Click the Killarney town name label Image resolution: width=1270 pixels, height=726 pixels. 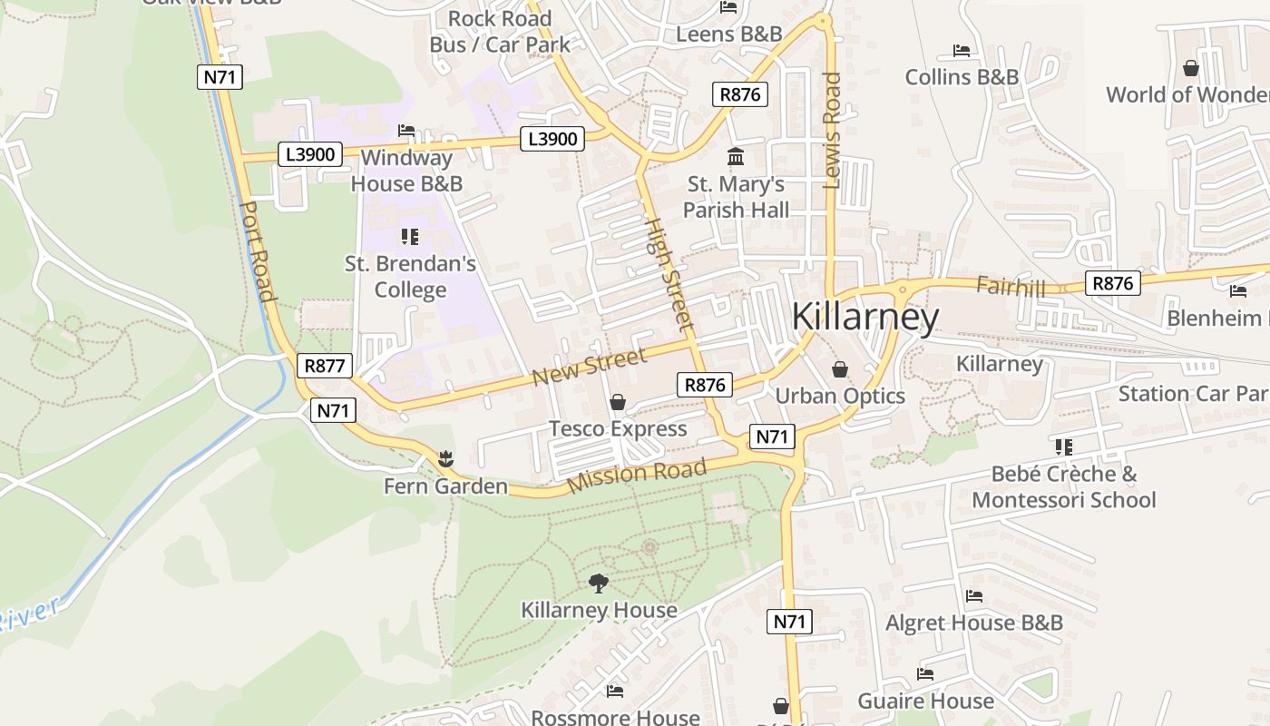pos(865,318)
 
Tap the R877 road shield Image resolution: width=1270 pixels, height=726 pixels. pos(325,367)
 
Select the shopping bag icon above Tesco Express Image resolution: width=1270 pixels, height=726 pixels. pos(618,402)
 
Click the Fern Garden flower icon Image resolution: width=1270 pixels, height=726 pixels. pos(444,459)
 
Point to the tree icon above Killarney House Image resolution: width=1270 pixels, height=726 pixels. pos(598,583)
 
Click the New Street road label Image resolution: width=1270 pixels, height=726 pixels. pos(590,365)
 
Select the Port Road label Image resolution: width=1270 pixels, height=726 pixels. pos(257,251)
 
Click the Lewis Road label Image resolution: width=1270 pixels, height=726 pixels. pos(832,131)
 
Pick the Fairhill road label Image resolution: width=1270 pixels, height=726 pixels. pos(1011,287)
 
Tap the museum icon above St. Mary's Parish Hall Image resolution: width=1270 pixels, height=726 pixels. pos(736,157)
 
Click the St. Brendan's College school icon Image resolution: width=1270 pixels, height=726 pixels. pos(410,237)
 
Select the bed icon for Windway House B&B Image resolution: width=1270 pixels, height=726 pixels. pos(406,131)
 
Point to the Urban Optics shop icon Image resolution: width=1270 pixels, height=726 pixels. pos(840,369)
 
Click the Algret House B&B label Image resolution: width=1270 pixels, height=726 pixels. pos(973,623)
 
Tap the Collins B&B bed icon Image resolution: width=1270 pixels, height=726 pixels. pos(962,51)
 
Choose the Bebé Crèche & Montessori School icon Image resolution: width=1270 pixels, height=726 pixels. pos(1063,446)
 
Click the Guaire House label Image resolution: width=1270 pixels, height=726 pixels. pos(925,701)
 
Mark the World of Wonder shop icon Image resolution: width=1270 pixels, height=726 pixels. pos(1191,68)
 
